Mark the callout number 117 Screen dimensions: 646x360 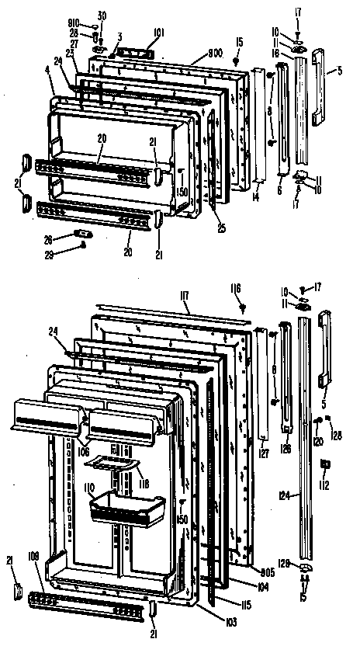(184, 295)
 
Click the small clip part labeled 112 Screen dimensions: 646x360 (324, 465)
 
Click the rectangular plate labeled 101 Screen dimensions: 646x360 (134, 50)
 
